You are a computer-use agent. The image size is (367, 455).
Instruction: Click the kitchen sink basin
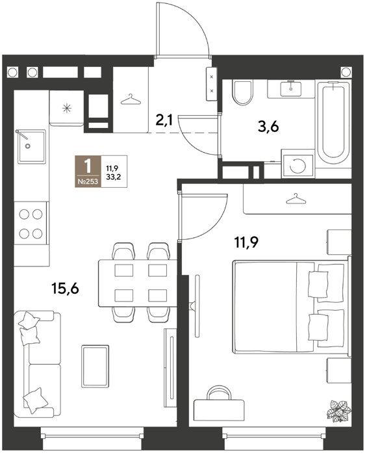point(32,146)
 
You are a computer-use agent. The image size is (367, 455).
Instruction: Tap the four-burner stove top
point(31,223)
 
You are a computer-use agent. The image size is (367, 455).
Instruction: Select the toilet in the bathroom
point(243,92)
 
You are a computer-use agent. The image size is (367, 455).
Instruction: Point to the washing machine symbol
point(298,165)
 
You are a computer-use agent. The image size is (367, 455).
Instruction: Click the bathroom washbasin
point(291,89)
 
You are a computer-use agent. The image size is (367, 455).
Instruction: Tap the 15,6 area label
point(66,289)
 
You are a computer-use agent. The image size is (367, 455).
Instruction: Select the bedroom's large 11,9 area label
point(246,242)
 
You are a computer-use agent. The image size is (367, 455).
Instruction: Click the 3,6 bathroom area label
point(268,127)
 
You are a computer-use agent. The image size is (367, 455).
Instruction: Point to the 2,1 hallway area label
point(164,120)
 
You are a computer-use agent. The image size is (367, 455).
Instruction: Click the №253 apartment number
point(88,182)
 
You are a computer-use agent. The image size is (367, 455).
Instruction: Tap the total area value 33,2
point(114,177)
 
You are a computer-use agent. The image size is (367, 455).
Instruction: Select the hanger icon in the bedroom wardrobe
point(296,199)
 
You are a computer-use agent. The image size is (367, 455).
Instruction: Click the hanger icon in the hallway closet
point(131,99)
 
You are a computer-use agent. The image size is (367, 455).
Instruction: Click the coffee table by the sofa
point(95,365)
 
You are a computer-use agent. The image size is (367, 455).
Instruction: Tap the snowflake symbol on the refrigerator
point(67,108)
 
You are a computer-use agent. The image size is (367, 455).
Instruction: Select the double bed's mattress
point(274,306)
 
